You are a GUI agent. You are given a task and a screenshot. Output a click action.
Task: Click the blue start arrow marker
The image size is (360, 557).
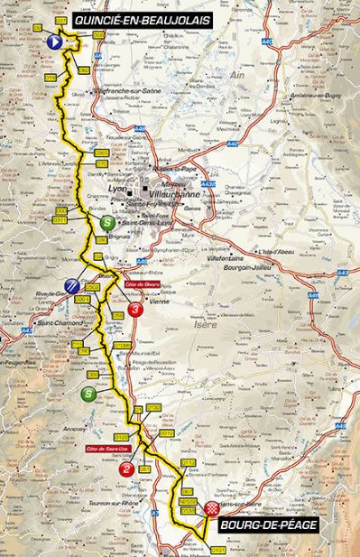pyautogui.click(x=54, y=42)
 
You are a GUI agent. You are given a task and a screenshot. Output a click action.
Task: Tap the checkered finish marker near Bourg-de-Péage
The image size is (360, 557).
pyautogui.click(x=212, y=510)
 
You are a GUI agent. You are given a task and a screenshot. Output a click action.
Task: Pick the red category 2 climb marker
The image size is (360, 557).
pyautogui.click(x=126, y=469)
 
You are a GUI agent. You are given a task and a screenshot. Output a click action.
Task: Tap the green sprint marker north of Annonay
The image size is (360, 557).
pyautogui.click(x=88, y=394)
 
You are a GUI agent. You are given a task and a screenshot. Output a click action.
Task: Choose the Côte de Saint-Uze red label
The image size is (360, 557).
pyautogui.click(x=108, y=448)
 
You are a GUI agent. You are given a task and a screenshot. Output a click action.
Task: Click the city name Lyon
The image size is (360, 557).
pyautogui.click(x=115, y=189)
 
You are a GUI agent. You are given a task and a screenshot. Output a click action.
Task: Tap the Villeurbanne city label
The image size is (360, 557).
pyautogui.click(x=167, y=191)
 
